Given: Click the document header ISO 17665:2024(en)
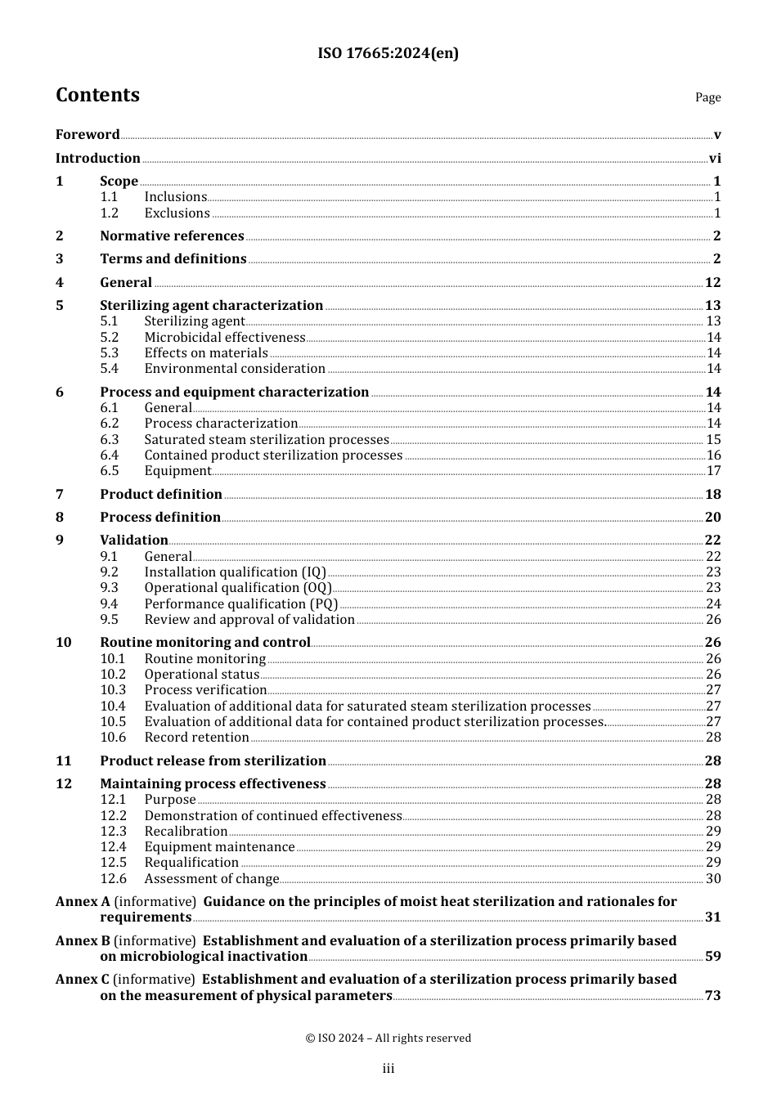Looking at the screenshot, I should (388, 54).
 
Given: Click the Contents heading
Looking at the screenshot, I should (97, 95).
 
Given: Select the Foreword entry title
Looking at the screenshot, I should (88, 135).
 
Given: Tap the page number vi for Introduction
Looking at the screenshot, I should (714, 159).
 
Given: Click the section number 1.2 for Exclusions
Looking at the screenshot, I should (109, 213).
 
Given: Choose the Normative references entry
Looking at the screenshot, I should (172, 236).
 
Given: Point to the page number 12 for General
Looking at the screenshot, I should (712, 283).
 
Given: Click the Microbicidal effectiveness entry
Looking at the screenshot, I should (225, 338).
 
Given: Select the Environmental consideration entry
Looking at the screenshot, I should (235, 369).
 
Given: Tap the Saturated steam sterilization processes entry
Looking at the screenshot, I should (267, 440).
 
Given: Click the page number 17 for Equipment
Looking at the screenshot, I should (713, 471).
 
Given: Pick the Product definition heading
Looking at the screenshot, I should (161, 495).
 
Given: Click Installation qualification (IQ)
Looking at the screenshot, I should (235, 572).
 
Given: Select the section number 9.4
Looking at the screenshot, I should (109, 604).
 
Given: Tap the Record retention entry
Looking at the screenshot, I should (196, 738).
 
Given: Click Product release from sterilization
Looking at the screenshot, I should (213, 761).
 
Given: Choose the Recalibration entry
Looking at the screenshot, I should (186, 832).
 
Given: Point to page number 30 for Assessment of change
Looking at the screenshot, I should (713, 879).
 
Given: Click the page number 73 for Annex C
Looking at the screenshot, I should (713, 996).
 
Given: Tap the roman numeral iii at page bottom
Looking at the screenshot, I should (388, 1069).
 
